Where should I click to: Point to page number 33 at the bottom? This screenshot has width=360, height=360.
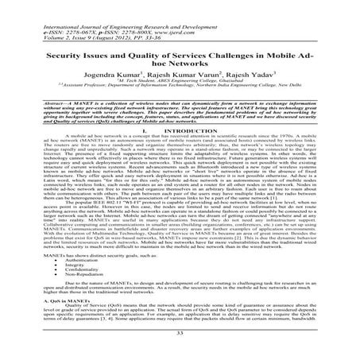[180, 353]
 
